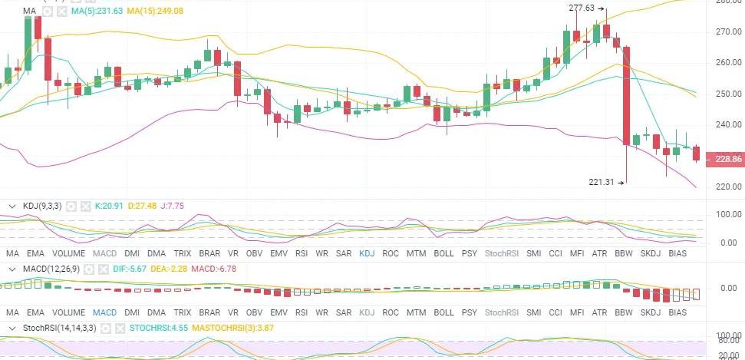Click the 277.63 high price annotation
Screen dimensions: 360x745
[582, 8]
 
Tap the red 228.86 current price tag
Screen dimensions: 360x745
[727, 159]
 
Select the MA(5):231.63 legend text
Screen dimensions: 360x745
[92, 12]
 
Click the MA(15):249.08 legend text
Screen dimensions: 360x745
[156, 12]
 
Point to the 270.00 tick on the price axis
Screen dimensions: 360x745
[727, 32]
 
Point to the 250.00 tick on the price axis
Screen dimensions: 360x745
[727, 94]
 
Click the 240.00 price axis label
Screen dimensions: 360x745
[727, 124]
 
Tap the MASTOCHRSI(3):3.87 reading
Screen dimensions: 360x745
[234, 328]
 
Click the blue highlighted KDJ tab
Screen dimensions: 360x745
[367, 253]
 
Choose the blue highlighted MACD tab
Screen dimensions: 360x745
[104, 313]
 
